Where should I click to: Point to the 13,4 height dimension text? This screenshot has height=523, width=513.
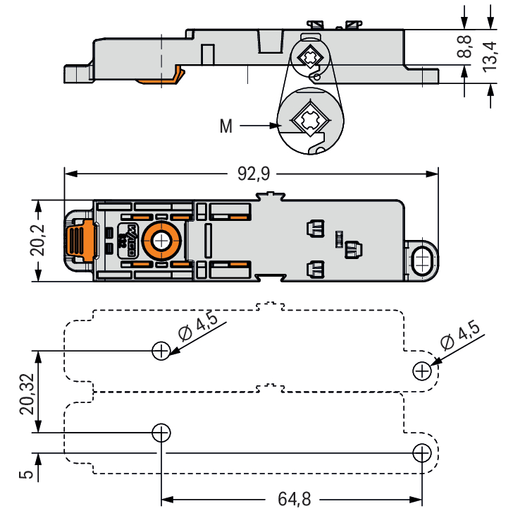tap(489, 55)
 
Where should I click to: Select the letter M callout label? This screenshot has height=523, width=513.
tap(225, 127)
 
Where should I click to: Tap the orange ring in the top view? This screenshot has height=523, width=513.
tap(162, 241)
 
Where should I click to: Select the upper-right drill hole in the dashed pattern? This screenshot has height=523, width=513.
tap(421, 370)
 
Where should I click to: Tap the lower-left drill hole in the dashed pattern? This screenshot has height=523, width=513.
tap(161, 432)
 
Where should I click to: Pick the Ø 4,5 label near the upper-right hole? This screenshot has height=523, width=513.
tap(459, 335)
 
